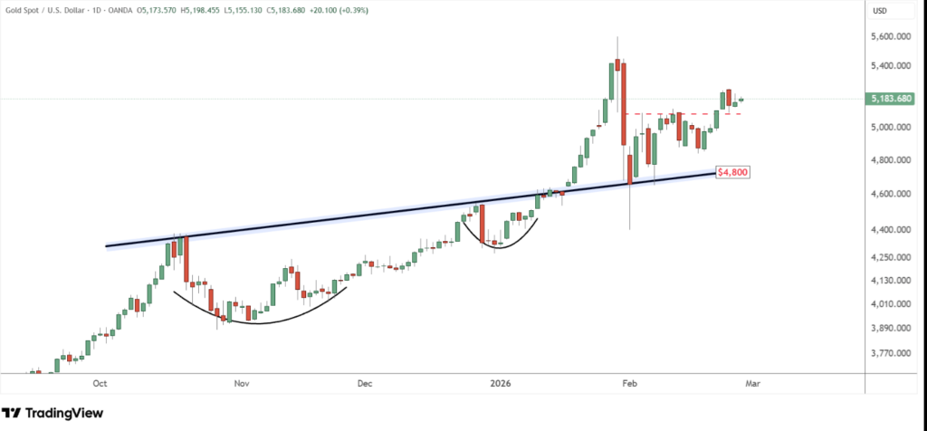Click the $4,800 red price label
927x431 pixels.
732,171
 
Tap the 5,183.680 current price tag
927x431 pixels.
889,99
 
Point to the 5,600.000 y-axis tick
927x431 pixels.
889,37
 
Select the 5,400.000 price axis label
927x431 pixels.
889,66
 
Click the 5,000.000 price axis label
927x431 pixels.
889,128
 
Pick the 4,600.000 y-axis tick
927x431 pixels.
889,194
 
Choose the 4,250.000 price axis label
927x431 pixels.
889,257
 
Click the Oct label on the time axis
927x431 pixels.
100,384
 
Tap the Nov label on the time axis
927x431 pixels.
241,384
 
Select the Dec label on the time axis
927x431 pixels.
365,384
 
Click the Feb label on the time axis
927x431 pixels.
628,384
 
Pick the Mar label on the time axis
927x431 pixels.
750,384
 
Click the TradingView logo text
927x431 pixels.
62,413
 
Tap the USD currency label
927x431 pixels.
877,10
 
